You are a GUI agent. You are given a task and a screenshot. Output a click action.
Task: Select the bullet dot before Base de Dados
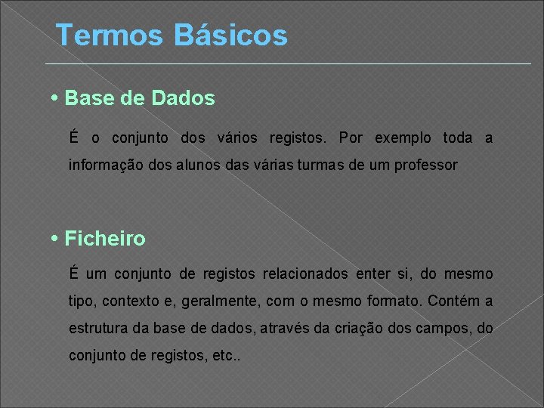57,98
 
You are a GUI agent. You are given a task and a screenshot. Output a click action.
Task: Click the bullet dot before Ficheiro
57,239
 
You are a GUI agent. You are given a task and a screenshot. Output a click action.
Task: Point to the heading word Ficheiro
105,239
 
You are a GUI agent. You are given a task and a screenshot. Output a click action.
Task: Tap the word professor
428,164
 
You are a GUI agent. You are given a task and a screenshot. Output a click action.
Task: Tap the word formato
391,301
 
